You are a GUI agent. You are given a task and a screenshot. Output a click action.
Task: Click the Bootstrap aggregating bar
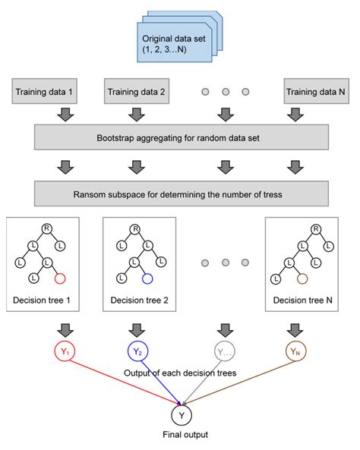(x=180, y=140)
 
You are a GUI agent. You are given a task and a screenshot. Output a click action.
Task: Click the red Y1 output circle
(x=62, y=351)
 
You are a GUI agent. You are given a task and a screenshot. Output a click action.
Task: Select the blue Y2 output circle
(x=137, y=351)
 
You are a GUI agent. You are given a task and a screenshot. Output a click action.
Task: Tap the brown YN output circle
(x=297, y=351)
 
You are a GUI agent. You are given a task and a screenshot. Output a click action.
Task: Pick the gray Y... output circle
(x=223, y=351)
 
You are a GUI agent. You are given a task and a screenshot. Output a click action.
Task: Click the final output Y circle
(x=180, y=416)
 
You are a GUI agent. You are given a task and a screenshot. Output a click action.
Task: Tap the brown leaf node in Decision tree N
(x=302, y=278)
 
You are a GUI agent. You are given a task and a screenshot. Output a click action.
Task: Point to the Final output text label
(x=181, y=436)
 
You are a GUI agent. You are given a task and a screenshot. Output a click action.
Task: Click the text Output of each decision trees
(x=181, y=373)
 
